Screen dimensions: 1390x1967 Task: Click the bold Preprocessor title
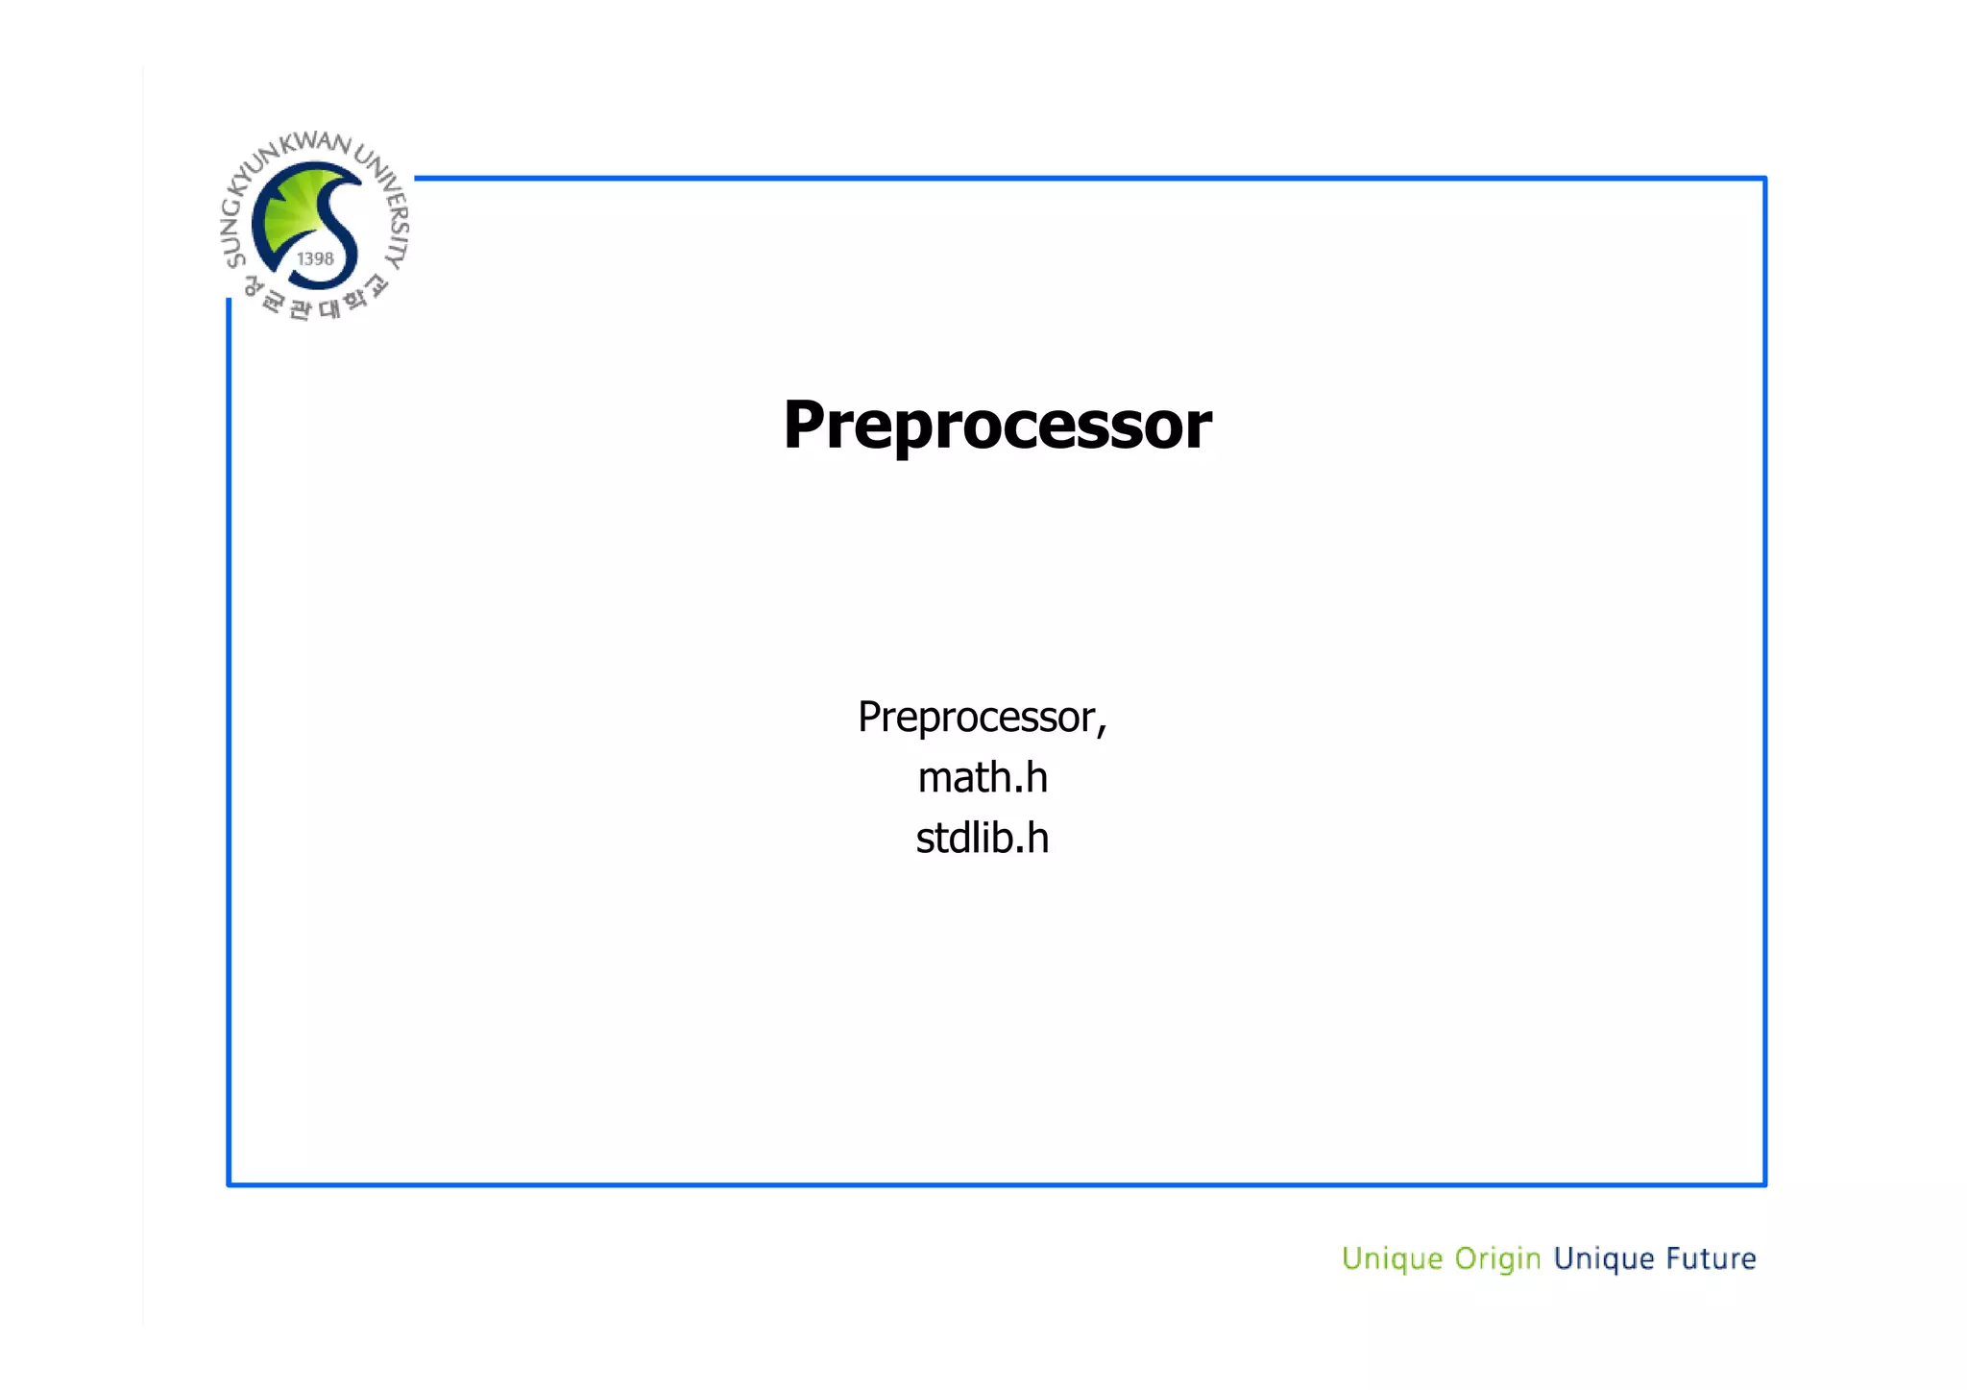coord(997,425)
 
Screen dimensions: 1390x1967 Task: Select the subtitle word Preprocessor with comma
coord(982,717)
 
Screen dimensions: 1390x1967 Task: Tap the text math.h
coord(982,777)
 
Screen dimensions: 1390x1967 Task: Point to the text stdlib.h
coord(982,838)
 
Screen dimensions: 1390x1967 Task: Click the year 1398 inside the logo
coord(315,258)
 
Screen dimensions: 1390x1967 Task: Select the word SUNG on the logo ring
coord(233,235)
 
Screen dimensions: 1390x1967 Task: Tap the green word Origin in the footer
coord(1496,1258)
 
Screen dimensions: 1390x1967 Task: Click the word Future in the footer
coord(1711,1257)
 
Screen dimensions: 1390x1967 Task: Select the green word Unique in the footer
coord(1392,1258)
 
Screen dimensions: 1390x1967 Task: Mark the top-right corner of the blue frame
coord(1764,179)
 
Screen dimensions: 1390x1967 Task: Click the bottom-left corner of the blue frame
coord(230,1183)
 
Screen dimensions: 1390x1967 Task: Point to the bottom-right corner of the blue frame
coord(1764,1183)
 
